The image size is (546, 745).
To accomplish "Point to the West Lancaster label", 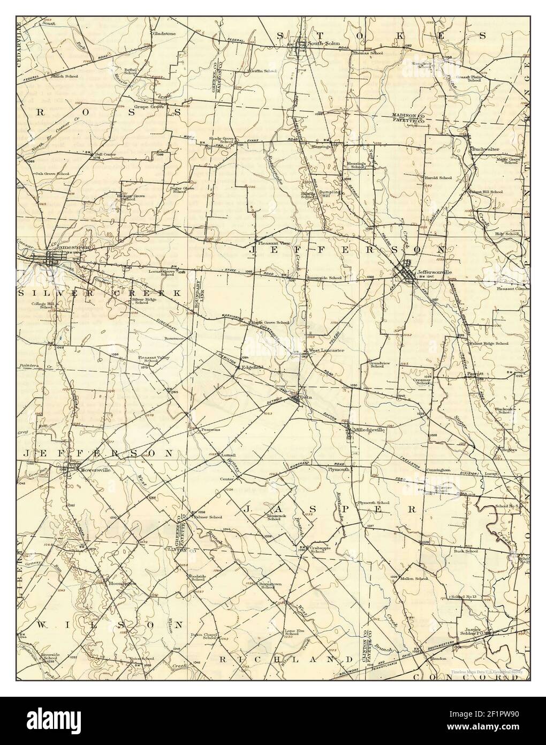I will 326,350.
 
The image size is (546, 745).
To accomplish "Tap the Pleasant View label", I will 273,242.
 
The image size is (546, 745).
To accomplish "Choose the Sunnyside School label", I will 324,278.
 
